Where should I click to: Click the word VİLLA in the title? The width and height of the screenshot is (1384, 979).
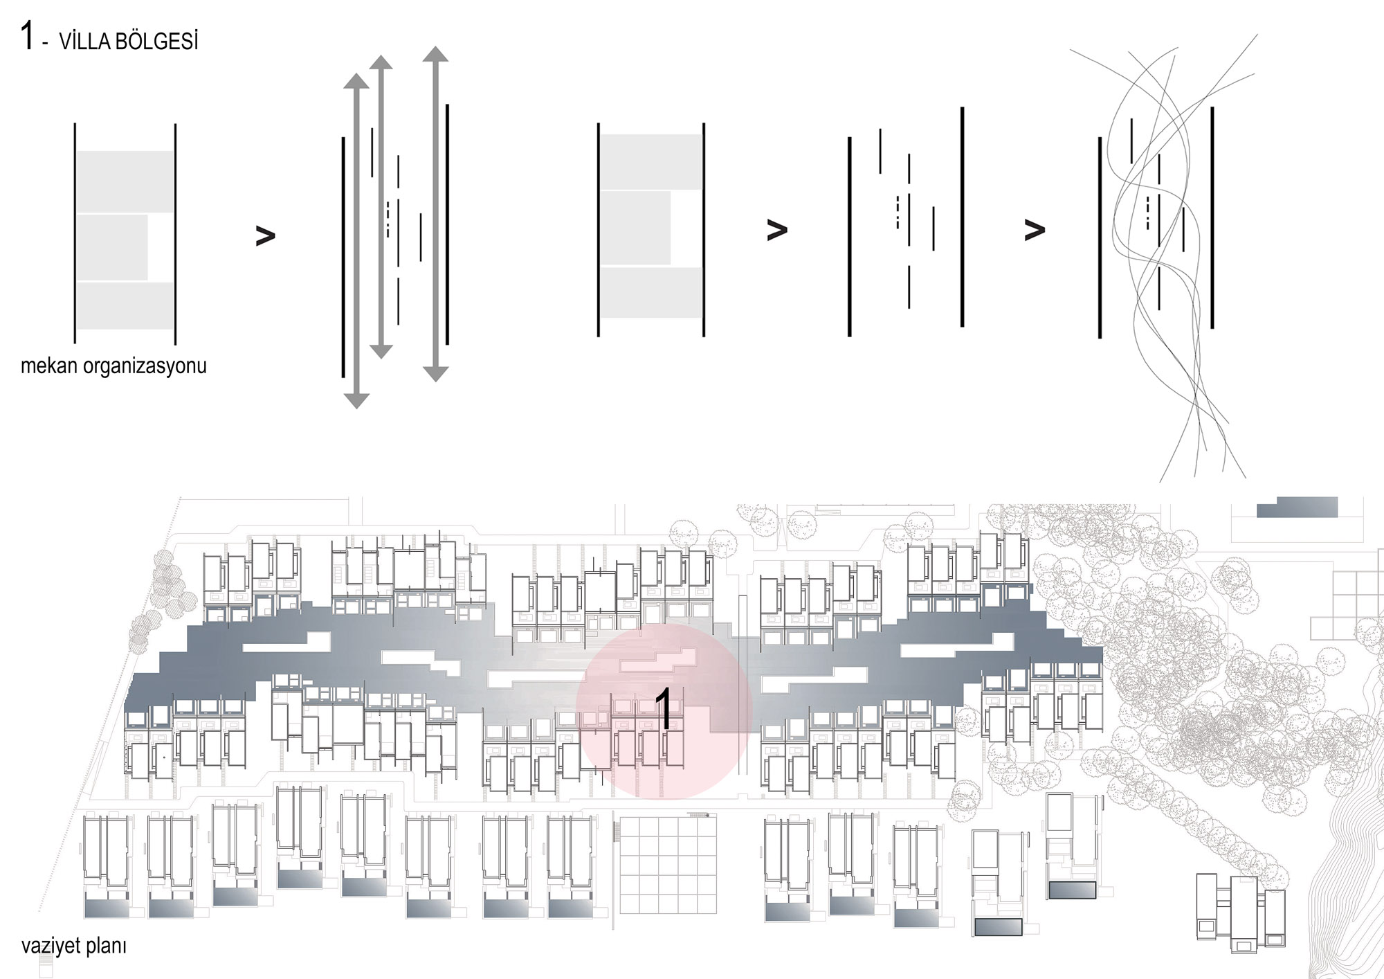[84, 42]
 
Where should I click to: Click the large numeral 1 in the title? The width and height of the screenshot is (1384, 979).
[27, 36]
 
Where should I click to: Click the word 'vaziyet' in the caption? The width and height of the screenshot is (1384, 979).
[49, 946]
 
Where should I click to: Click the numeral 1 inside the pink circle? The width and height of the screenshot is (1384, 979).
[663, 709]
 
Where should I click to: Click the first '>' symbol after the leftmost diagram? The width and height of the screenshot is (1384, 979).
[265, 235]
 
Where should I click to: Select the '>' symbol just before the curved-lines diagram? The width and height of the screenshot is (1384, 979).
[1035, 231]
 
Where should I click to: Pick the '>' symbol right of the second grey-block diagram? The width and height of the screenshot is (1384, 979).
[777, 231]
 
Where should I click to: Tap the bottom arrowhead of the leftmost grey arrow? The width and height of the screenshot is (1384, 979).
[356, 400]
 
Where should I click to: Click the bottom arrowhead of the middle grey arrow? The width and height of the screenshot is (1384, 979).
[381, 350]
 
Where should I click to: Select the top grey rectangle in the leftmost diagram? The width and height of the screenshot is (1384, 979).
[125, 181]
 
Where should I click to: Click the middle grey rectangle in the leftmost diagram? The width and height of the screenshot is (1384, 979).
[112, 247]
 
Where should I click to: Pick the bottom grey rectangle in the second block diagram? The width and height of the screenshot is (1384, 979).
[651, 292]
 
